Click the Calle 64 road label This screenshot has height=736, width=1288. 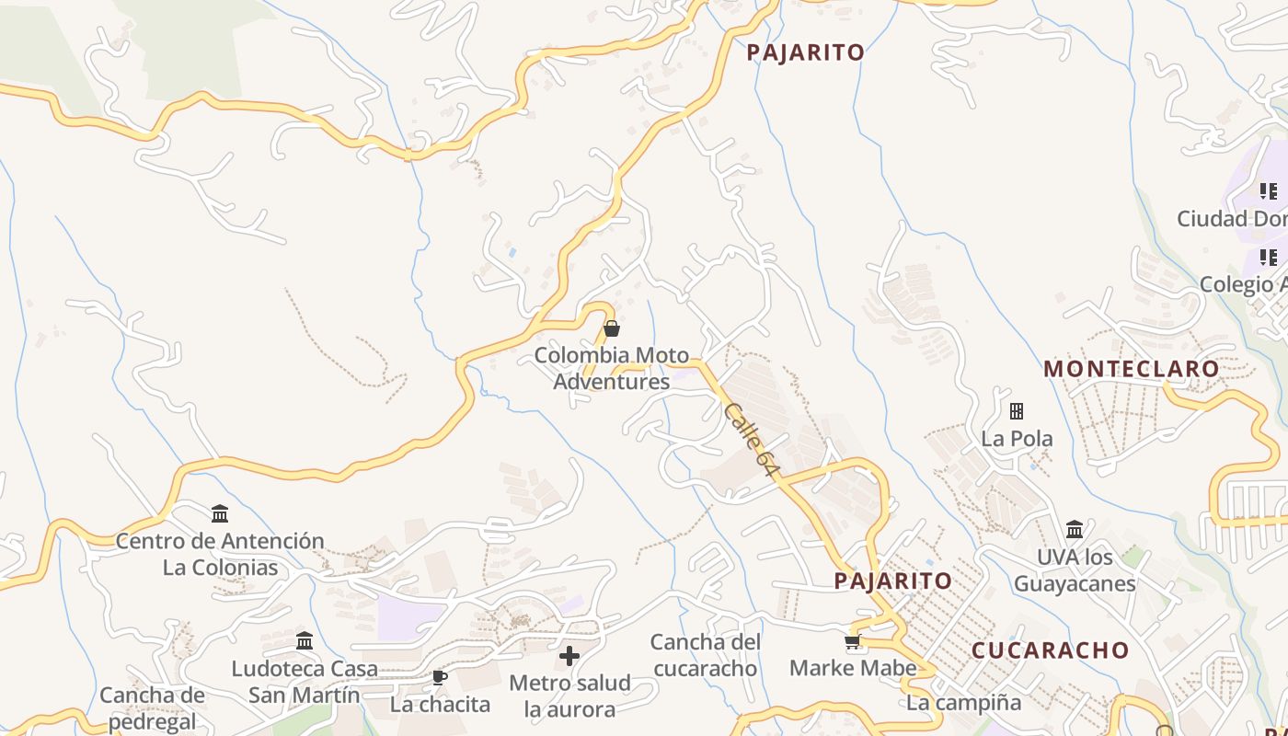coord(751,440)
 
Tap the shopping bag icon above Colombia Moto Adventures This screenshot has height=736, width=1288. coord(611,328)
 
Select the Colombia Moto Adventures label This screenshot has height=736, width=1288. coord(612,368)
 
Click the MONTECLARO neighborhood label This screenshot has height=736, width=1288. coord(1131,369)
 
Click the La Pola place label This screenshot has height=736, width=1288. coord(1017,439)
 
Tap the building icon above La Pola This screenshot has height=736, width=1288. coord(1017,410)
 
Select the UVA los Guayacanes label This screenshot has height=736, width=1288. coord(1075,570)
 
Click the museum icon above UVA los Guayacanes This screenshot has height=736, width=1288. coord(1075,530)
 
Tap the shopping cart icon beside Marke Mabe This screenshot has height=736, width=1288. coord(853,641)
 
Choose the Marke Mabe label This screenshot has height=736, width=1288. coord(853,668)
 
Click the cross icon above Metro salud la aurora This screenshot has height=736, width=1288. coord(569,656)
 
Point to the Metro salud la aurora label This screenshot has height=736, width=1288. coord(569,696)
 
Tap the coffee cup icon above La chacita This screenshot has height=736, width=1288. coord(440,678)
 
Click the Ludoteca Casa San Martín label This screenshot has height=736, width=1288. coord(305,682)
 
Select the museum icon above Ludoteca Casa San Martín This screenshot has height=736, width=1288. coord(305,641)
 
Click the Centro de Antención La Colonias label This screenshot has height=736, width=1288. coord(220,554)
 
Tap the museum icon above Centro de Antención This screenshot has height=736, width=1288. coord(220,513)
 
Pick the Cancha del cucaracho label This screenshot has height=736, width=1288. coord(706,655)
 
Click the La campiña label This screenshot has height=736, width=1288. coord(963,703)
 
